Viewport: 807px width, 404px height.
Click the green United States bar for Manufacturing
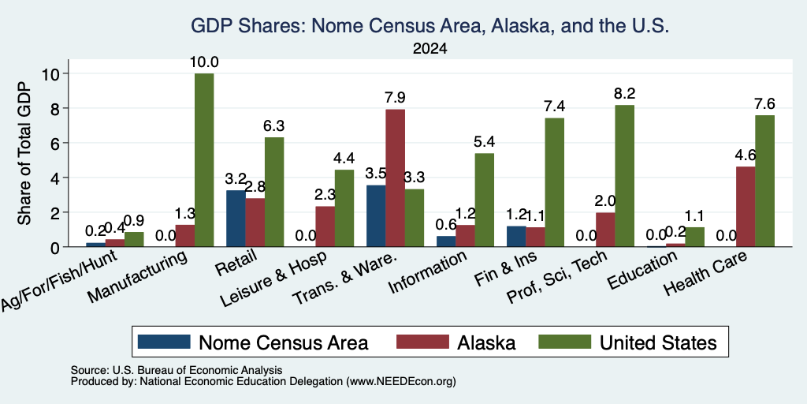coord(204,160)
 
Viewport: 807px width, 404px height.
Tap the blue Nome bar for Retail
coord(236,219)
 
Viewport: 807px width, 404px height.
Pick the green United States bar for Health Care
coord(764,181)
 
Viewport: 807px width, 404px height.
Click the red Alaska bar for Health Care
coord(746,207)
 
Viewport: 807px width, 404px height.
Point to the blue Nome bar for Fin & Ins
coord(516,237)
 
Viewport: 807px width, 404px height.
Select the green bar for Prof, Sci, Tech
coord(624,176)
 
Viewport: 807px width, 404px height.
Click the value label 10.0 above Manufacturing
coord(204,62)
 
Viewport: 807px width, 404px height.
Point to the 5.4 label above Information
coord(484,142)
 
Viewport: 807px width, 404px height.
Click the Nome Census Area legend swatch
coord(164,342)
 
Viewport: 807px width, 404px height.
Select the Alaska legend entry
coord(456,342)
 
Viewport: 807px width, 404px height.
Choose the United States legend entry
coord(628,342)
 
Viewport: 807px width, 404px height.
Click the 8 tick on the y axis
coord(57,108)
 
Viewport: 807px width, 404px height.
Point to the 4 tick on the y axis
coord(57,178)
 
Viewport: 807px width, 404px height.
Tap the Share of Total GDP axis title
coord(24,154)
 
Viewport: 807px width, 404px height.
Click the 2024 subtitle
coord(430,49)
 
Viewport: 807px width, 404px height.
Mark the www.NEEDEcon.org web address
coord(401,382)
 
